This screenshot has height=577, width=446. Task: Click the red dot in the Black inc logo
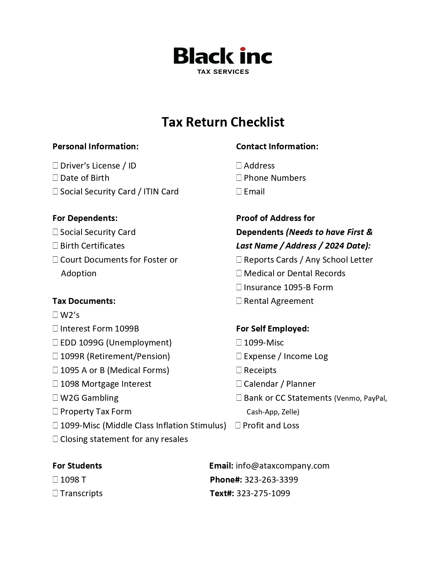(x=243, y=49)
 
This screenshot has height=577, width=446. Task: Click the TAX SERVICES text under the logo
(x=223, y=72)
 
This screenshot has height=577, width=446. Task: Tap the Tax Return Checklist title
(x=223, y=122)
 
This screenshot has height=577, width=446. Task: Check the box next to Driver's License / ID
(x=55, y=165)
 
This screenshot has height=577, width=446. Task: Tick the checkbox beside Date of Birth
(x=55, y=178)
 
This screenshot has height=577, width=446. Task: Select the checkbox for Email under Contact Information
(x=239, y=191)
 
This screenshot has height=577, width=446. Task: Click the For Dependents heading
(x=85, y=218)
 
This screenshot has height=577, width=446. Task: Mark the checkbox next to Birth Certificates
(x=55, y=245)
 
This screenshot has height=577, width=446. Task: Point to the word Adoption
(x=78, y=273)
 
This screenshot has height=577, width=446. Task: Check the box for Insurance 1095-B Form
(x=239, y=287)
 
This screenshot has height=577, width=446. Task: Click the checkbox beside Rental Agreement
(x=239, y=301)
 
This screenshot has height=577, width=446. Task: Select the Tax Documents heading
(x=84, y=301)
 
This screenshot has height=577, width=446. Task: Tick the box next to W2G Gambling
(x=55, y=398)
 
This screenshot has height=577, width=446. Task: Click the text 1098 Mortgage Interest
(x=106, y=384)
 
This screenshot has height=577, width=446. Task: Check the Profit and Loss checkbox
(x=238, y=425)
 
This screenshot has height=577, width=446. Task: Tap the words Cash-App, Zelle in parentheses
(x=273, y=412)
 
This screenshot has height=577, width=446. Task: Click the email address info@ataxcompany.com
(x=282, y=466)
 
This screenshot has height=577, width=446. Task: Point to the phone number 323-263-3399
(x=271, y=479)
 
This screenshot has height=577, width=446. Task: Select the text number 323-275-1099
(x=263, y=493)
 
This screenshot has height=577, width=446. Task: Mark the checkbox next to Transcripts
(x=55, y=493)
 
